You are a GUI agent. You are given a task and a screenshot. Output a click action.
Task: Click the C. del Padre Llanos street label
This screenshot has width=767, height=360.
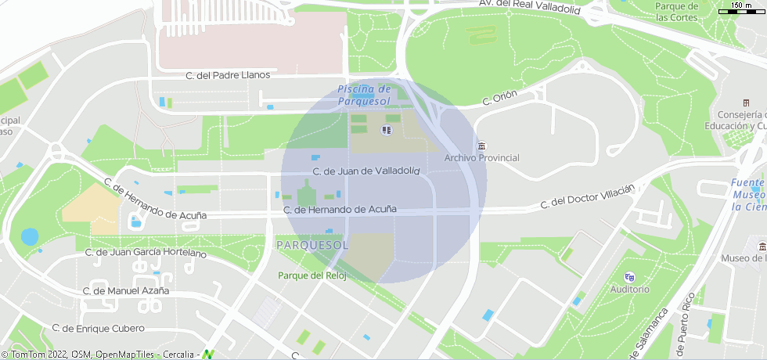[228, 75]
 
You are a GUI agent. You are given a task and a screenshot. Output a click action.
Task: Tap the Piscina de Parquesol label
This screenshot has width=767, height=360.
[364, 95]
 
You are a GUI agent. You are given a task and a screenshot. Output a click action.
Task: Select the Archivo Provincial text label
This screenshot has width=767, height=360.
[481, 158]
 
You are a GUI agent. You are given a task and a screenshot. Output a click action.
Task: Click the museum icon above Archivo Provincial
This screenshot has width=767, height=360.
[481, 146]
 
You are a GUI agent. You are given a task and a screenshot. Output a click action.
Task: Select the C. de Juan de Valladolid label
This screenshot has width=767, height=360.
[366, 171]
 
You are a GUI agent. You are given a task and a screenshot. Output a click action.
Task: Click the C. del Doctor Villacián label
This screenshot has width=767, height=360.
[587, 197]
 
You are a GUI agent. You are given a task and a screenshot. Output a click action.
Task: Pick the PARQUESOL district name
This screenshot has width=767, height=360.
[311, 246]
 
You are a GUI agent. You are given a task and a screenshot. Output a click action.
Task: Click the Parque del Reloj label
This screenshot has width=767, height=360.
[312, 275]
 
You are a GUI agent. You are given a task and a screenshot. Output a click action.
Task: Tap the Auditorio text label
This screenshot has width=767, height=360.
[630, 289]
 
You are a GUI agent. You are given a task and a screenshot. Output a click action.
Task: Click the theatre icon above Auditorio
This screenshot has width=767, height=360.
[629, 277]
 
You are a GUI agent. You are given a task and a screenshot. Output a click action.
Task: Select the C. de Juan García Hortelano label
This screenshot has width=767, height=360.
[146, 253]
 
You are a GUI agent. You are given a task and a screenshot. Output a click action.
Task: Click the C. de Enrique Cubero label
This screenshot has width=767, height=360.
[99, 328]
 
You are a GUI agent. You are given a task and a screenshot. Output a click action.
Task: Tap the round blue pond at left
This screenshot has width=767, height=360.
[30, 236]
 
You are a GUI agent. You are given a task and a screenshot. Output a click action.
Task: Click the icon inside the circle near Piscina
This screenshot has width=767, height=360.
[385, 129]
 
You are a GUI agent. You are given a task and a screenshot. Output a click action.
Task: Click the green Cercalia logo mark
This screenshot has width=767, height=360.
[209, 355]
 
